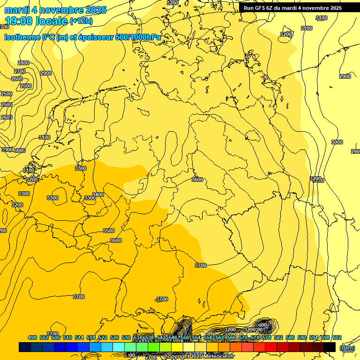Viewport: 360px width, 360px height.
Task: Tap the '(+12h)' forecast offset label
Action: point(82,21)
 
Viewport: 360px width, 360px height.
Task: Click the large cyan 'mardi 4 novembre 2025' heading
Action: point(55,10)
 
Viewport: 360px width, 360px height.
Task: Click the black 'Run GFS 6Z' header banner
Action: point(292,8)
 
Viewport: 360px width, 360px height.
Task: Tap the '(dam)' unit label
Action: point(347,348)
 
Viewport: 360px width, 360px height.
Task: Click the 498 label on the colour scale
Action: point(32,337)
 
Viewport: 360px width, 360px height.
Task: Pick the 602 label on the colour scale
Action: point(337,337)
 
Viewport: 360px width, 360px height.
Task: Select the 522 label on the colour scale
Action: point(103,337)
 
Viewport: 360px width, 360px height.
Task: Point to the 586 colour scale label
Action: point(290,337)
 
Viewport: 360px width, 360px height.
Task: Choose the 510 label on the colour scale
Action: point(67,337)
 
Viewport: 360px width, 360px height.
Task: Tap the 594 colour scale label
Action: point(314,337)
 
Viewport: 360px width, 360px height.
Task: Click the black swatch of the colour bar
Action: point(330,347)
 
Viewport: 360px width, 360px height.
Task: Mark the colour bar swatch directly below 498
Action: point(25,347)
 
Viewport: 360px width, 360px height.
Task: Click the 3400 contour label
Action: point(97,194)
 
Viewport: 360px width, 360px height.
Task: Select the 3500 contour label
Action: point(109,231)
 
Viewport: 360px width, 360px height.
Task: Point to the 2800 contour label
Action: point(23,63)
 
